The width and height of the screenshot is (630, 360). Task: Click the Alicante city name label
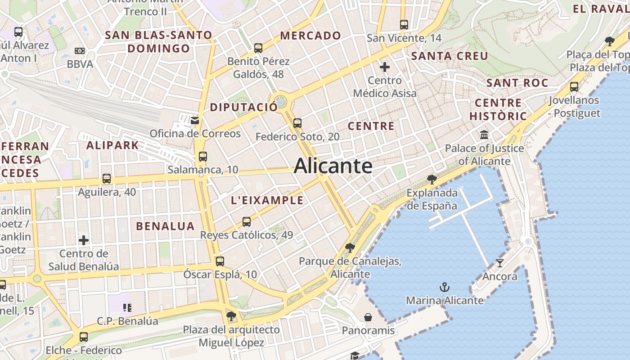tap(333, 166)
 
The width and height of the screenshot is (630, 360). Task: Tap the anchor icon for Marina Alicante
tap(445, 287)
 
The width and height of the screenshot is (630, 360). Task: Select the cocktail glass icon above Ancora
tap(499, 263)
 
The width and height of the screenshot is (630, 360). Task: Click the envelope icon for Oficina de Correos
tap(195, 120)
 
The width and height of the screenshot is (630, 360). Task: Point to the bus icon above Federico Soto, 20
tap(297, 123)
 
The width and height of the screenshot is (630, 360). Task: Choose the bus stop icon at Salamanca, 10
tap(203, 157)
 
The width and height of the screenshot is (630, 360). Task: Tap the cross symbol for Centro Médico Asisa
tap(385, 67)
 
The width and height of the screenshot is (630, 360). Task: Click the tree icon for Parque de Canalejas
tap(350, 247)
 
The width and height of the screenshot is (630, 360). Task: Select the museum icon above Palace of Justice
tap(484, 135)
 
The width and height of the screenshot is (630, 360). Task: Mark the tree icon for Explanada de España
tap(432, 180)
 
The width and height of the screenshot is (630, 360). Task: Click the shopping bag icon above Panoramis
tap(368, 317)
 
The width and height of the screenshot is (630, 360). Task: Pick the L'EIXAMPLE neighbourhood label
tap(267, 201)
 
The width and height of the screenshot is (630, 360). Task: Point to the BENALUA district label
tap(165, 226)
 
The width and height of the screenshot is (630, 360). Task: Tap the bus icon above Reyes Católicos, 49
tap(246, 221)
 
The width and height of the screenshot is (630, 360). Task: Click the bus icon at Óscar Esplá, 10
tap(220, 261)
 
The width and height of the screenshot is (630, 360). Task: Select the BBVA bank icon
tap(80, 51)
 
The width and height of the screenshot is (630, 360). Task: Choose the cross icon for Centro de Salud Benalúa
tap(84, 240)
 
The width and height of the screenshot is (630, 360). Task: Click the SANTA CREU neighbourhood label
tap(450, 56)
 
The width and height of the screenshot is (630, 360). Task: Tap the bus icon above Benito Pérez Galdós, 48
tap(258, 48)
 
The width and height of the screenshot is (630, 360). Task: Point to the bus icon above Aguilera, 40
tap(106, 179)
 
